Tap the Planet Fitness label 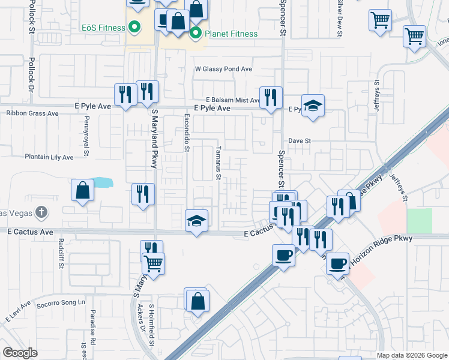pyautogui.click(x=231, y=34)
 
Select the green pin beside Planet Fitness pyautogui.click(x=195, y=33)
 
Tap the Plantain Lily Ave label pyautogui.click(x=49, y=157)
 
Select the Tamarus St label pyautogui.click(x=218, y=163)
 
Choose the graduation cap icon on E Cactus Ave pyautogui.click(x=196, y=221)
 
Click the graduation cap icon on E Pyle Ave pyautogui.click(x=313, y=106)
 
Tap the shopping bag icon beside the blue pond pyautogui.click(x=83, y=190)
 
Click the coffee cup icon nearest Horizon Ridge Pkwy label pyautogui.click(x=338, y=262)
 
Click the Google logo pyautogui.click(x=20, y=353)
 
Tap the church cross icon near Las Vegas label pyautogui.click(x=41, y=212)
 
